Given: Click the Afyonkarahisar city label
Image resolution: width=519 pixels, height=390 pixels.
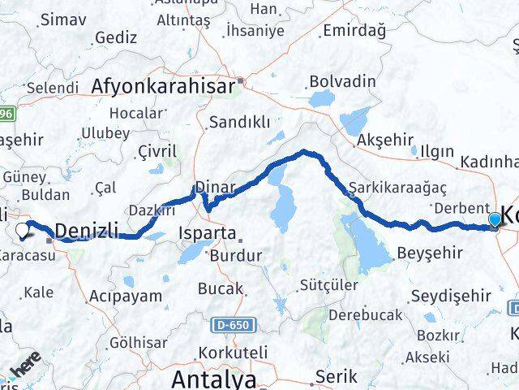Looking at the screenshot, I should (162, 84).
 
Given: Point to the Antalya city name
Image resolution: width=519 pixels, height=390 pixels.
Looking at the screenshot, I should (213, 379).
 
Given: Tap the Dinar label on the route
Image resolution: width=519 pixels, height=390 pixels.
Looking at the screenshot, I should (215, 187).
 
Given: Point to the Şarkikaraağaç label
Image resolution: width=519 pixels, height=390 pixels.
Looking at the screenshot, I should (398, 187).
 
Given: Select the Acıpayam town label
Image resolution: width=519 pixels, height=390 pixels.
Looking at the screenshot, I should (126, 295).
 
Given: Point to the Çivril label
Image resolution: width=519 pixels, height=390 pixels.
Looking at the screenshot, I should (157, 150).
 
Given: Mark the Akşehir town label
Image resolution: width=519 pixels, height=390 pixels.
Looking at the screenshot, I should (385, 140).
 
